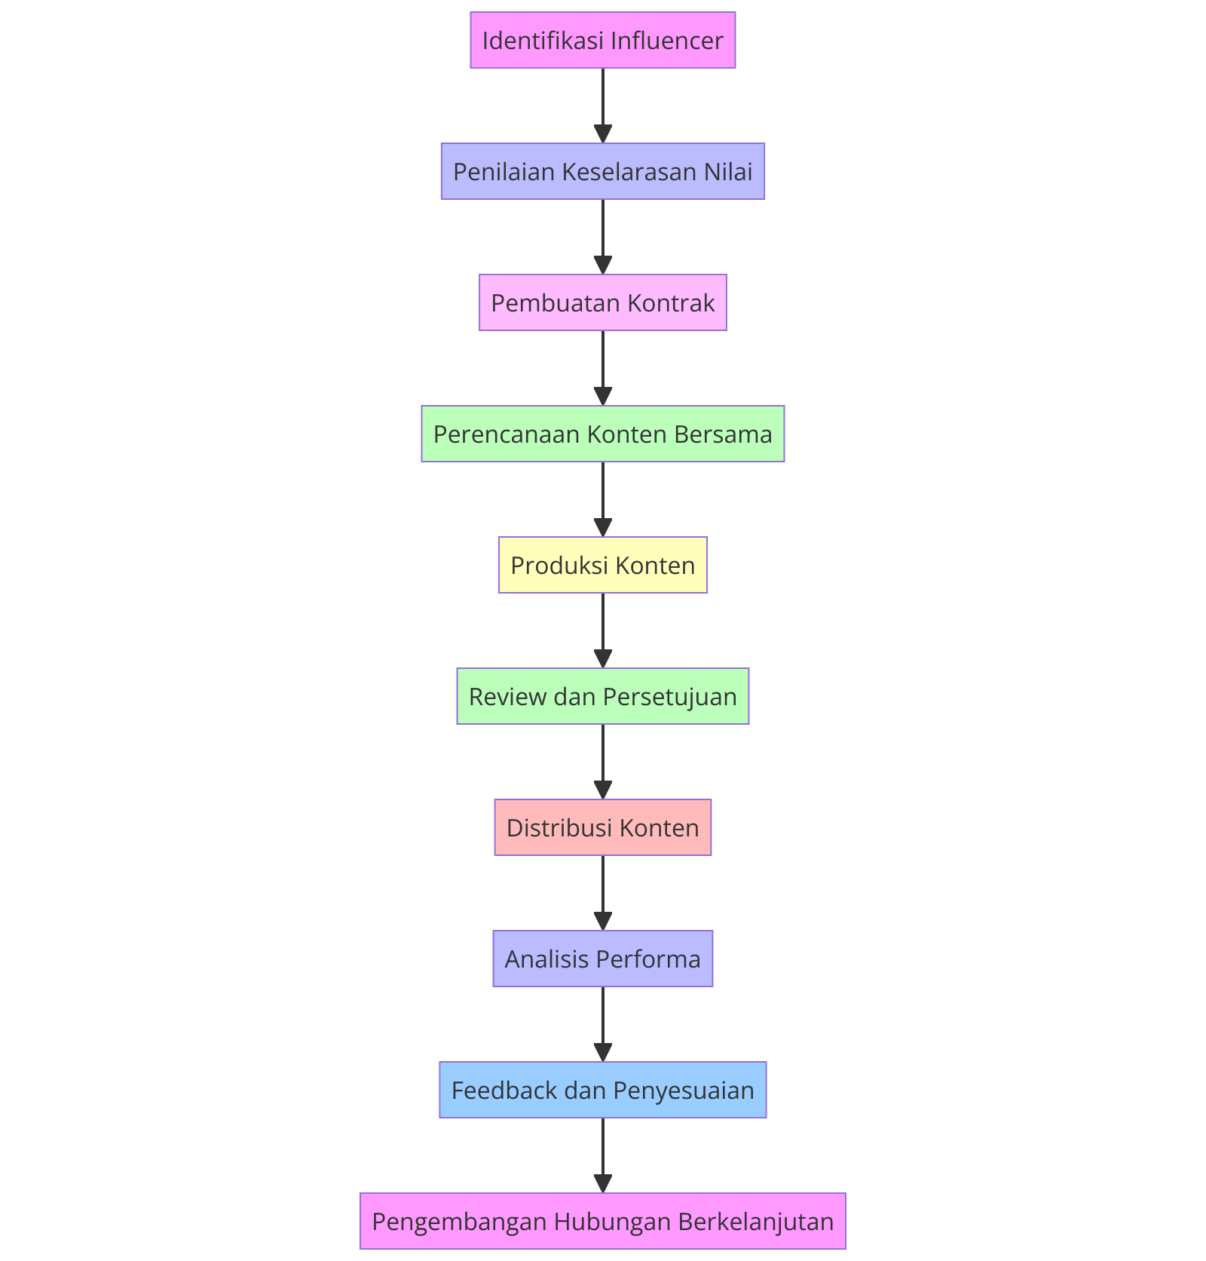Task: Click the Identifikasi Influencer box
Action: (602, 40)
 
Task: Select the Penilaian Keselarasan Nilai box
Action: (602, 171)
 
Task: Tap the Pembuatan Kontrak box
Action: (602, 302)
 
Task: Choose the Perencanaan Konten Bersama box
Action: (602, 434)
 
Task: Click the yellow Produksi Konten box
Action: (602, 565)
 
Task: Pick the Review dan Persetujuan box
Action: (602, 696)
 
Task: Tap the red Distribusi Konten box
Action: (602, 827)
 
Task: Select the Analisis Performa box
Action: (602, 959)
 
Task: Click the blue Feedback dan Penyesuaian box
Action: (602, 1090)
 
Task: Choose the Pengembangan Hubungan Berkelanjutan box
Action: (602, 1221)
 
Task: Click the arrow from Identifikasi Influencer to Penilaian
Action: (603, 106)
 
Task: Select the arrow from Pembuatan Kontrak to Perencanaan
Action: (603, 368)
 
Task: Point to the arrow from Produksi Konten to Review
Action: (603, 630)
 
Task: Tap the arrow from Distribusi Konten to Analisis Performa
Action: (603, 893)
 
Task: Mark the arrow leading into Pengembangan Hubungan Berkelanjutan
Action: (603, 1155)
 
